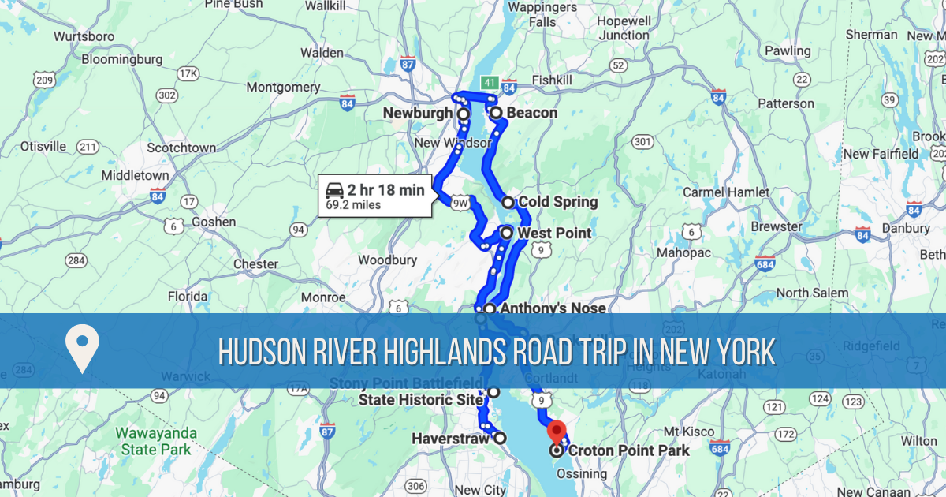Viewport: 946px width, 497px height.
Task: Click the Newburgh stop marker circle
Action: (464, 114)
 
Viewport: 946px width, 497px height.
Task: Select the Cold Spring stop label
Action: (557, 202)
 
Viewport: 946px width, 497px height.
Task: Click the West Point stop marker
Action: (506, 233)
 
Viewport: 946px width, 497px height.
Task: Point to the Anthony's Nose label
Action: (552, 308)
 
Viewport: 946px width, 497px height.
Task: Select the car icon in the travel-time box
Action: (335, 190)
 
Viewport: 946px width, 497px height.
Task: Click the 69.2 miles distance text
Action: (353, 205)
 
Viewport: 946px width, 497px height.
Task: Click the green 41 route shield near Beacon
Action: (489, 82)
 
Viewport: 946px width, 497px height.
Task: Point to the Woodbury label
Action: (387, 260)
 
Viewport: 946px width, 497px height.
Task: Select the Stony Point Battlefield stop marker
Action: (493, 392)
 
